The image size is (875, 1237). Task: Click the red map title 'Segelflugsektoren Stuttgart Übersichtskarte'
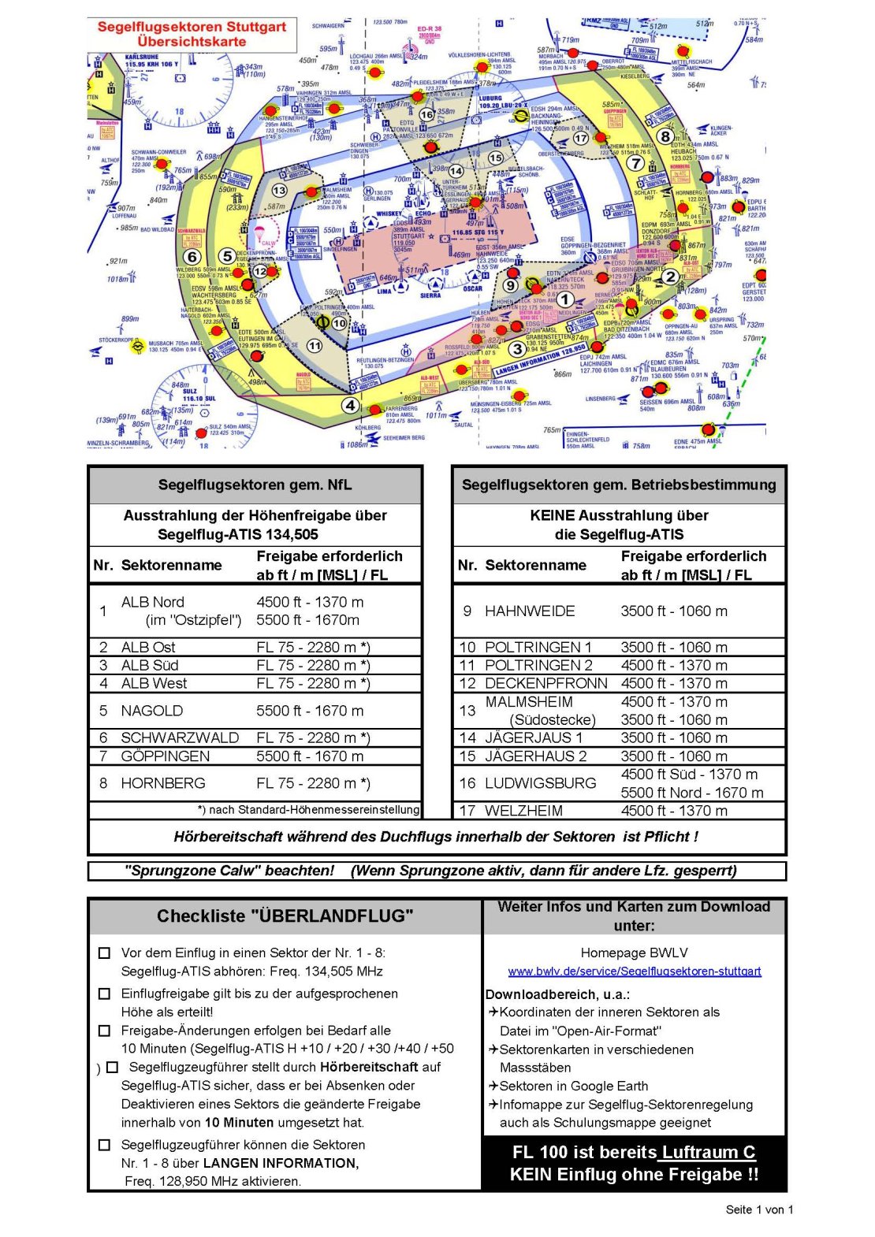192,34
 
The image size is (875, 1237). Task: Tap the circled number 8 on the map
666,136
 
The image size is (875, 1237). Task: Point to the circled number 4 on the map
350,406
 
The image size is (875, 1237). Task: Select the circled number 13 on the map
280,191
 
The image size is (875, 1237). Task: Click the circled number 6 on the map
192,257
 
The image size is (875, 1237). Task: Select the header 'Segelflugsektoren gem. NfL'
255,485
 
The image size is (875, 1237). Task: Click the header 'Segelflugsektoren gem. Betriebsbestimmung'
619,485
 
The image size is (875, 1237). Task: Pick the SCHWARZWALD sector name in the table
180,737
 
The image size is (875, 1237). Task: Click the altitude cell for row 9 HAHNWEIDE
674,611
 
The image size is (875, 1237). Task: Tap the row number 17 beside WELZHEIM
467,810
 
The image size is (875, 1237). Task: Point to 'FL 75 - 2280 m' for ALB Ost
313,647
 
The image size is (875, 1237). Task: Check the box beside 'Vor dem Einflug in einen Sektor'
104,953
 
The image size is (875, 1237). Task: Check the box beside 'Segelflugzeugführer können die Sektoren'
104,1144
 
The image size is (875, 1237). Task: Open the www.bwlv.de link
635,971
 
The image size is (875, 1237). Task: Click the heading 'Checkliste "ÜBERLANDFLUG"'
285,916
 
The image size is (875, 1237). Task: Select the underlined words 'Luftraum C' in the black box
708,1152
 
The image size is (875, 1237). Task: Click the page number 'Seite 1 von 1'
759,1209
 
